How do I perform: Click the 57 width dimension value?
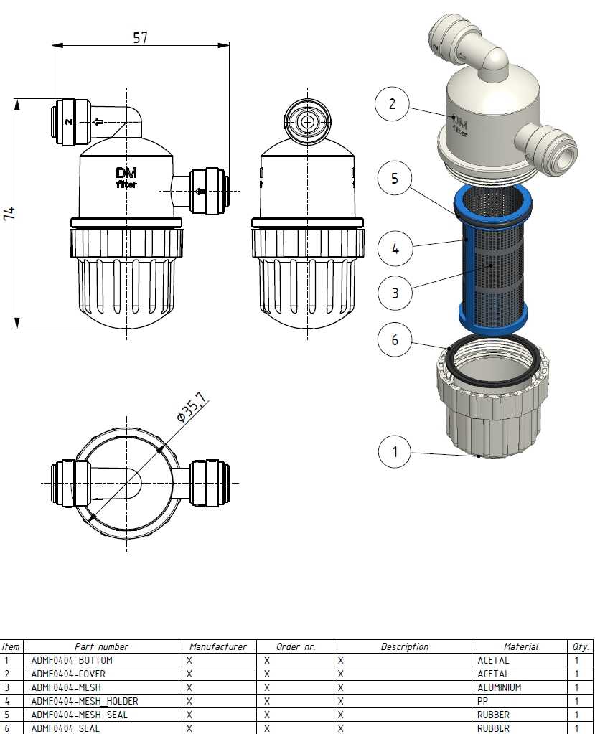141,37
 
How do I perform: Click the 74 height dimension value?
9,214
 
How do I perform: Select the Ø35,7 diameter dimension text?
192,408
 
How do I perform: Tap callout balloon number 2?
393,104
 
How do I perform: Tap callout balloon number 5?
395,179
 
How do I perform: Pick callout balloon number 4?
395,248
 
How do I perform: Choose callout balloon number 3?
395,293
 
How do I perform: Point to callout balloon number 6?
395,339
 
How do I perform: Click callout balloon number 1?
395,452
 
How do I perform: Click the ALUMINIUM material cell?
499,687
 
